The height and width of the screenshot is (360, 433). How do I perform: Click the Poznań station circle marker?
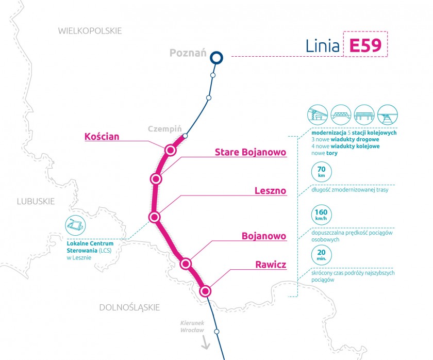coord(216,58)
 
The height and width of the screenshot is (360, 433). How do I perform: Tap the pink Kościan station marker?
coord(171,150)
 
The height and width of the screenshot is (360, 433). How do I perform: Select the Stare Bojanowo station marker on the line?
coord(156,179)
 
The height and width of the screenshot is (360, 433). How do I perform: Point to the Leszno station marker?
coord(155,217)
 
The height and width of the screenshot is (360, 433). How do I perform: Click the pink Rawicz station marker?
coord(205,291)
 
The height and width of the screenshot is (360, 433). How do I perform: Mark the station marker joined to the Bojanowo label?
coord(186,264)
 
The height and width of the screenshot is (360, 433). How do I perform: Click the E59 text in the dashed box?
coord(365,45)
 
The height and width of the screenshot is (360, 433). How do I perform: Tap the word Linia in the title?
coord(322,46)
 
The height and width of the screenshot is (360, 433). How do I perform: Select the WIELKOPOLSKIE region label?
coord(90,30)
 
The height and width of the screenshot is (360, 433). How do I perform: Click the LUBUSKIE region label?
coord(36,202)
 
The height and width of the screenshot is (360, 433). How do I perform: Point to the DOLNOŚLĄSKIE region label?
coord(129,307)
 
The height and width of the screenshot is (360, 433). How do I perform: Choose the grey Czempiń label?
coord(165,129)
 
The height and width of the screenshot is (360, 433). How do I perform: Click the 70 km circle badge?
coord(322,172)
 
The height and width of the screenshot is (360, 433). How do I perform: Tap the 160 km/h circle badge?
coord(321,215)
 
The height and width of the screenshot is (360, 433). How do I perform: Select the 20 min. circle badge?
coord(322,255)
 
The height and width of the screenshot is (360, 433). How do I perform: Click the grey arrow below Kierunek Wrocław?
coord(205,342)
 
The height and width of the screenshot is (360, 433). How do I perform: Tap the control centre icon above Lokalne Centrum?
coord(75,225)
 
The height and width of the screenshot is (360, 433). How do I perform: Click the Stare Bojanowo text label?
coord(251,152)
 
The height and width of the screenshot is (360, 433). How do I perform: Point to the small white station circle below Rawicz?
coord(217,331)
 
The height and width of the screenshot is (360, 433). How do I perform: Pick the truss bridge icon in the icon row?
coord(341,114)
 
